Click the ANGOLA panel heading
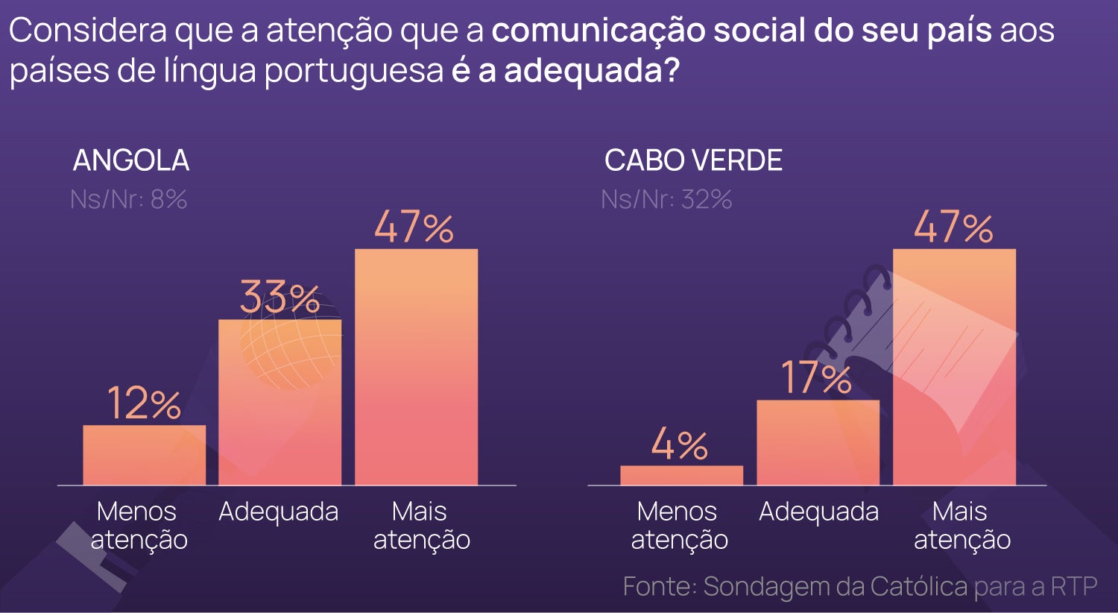click(131, 160)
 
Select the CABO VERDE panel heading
click(693, 160)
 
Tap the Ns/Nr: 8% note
click(128, 200)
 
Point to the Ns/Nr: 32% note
click(666, 200)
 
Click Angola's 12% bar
click(144, 455)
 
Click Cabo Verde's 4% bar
click(681, 475)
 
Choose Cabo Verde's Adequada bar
click(818, 443)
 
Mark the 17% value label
click(816, 378)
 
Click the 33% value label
click(279, 298)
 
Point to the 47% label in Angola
click(414, 227)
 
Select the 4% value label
click(679, 445)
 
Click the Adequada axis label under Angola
click(279, 512)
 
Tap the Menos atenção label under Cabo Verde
click(678, 525)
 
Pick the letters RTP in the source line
click(1074, 587)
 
